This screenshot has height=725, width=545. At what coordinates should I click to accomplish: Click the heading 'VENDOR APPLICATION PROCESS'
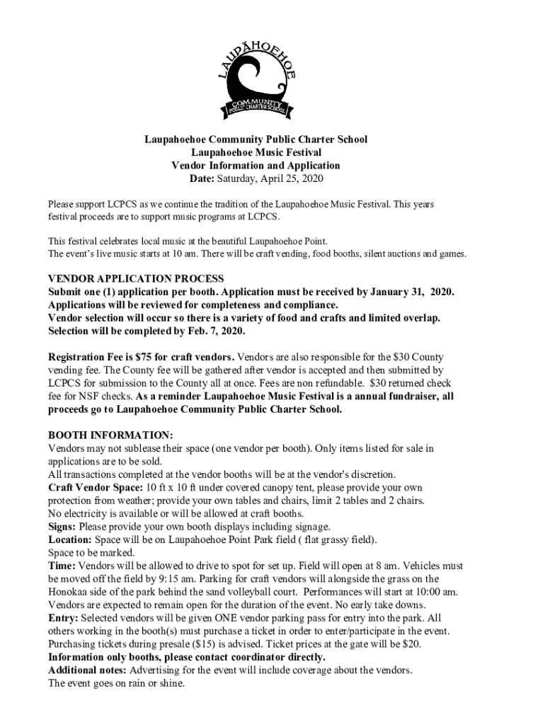pyautogui.click(x=136, y=278)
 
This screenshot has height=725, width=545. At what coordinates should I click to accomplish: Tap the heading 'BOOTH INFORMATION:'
pyautogui.click(x=110, y=435)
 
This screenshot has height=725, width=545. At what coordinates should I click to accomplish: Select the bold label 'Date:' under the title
pyautogui.click(x=197, y=178)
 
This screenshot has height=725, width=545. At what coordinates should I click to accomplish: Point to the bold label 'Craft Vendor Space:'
pyautogui.click(x=96, y=488)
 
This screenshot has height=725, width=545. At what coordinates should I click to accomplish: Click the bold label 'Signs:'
pyautogui.click(x=62, y=527)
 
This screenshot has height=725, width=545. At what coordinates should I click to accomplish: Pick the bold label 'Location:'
pyautogui.click(x=70, y=540)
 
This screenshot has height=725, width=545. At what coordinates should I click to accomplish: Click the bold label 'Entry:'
pyautogui.click(x=63, y=618)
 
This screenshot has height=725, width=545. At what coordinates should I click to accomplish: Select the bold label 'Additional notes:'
pyautogui.click(x=88, y=670)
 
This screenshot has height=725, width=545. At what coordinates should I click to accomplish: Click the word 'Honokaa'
pyautogui.click(x=69, y=592)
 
